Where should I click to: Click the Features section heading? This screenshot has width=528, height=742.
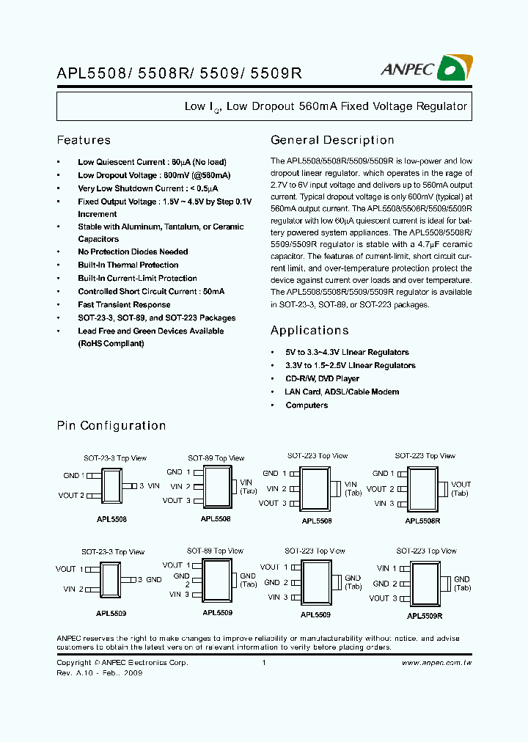pyautogui.click(x=84, y=140)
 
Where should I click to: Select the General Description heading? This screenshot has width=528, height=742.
pyautogui.click(x=332, y=140)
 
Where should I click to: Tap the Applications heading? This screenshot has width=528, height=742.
pyautogui.click(x=309, y=331)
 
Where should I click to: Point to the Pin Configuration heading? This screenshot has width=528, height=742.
pyautogui.click(x=111, y=426)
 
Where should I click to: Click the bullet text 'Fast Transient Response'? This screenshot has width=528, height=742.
pyautogui.click(x=124, y=305)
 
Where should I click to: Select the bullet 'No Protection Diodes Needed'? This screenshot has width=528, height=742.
pyautogui.click(x=133, y=252)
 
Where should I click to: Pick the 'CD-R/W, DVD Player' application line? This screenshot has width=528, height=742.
pyautogui.click(x=322, y=379)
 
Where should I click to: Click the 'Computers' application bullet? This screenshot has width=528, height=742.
pyautogui.click(x=307, y=405)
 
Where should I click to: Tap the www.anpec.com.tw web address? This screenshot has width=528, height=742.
pyautogui.click(x=436, y=663)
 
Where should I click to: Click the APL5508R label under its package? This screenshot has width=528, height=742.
pyautogui.click(x=423, y=521)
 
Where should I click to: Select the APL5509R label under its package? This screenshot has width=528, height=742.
pyautogui.click(x=425, y=617)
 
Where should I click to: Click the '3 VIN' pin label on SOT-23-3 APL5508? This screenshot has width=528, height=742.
pyautogui.click(x=150, y=485)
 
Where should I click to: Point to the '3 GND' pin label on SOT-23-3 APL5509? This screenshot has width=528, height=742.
pyautogui.click(x=150, y=579)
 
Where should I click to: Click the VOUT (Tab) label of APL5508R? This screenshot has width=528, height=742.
pyautogui.click(x=461, y=488)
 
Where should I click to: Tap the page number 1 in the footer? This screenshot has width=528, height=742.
pyautogui.click(x=263, y=663)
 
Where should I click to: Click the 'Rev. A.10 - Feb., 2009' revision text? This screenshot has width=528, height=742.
pyautogui.click(x=99, y=673)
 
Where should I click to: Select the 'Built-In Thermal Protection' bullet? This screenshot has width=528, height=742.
pyautogui.click(x=128, y=265)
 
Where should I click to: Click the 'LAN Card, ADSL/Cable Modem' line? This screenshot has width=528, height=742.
pyautogui.click(x=342, y=392)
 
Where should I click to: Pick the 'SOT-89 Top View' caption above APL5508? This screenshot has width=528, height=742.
pyautogui.click(x=216, y=458)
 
